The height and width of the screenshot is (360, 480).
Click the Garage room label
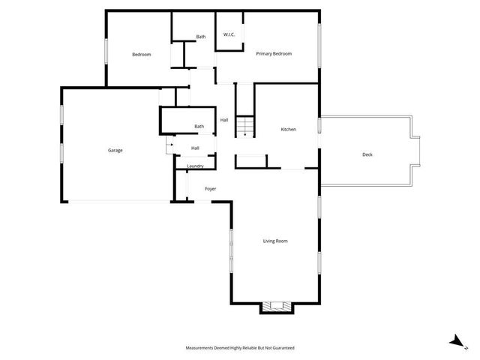click(115, 150)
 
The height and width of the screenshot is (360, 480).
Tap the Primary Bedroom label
click(273, 54)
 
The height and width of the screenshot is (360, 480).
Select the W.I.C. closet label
click(229, 35)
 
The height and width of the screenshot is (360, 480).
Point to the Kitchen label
click(288, 130)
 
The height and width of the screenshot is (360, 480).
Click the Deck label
click(367, 154)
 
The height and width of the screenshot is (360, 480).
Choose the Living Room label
click(275, 241)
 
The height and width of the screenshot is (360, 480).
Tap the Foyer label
click(210, 188)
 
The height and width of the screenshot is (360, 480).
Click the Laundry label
click(195, 166)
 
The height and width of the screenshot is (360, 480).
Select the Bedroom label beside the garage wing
click(142, 55)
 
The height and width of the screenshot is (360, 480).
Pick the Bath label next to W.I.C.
click(201, 37)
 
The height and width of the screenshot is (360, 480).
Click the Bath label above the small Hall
click(199, 126)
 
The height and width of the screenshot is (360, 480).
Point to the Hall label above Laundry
click(195, 148)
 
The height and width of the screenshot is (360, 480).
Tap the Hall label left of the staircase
click(223, 120)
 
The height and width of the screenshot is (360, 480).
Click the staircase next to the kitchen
click(245, 127)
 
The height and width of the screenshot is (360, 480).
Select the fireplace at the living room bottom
click(276, 306)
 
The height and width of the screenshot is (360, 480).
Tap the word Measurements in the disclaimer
click(202, 348)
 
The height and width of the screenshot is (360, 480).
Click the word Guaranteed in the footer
click(280, 348)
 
